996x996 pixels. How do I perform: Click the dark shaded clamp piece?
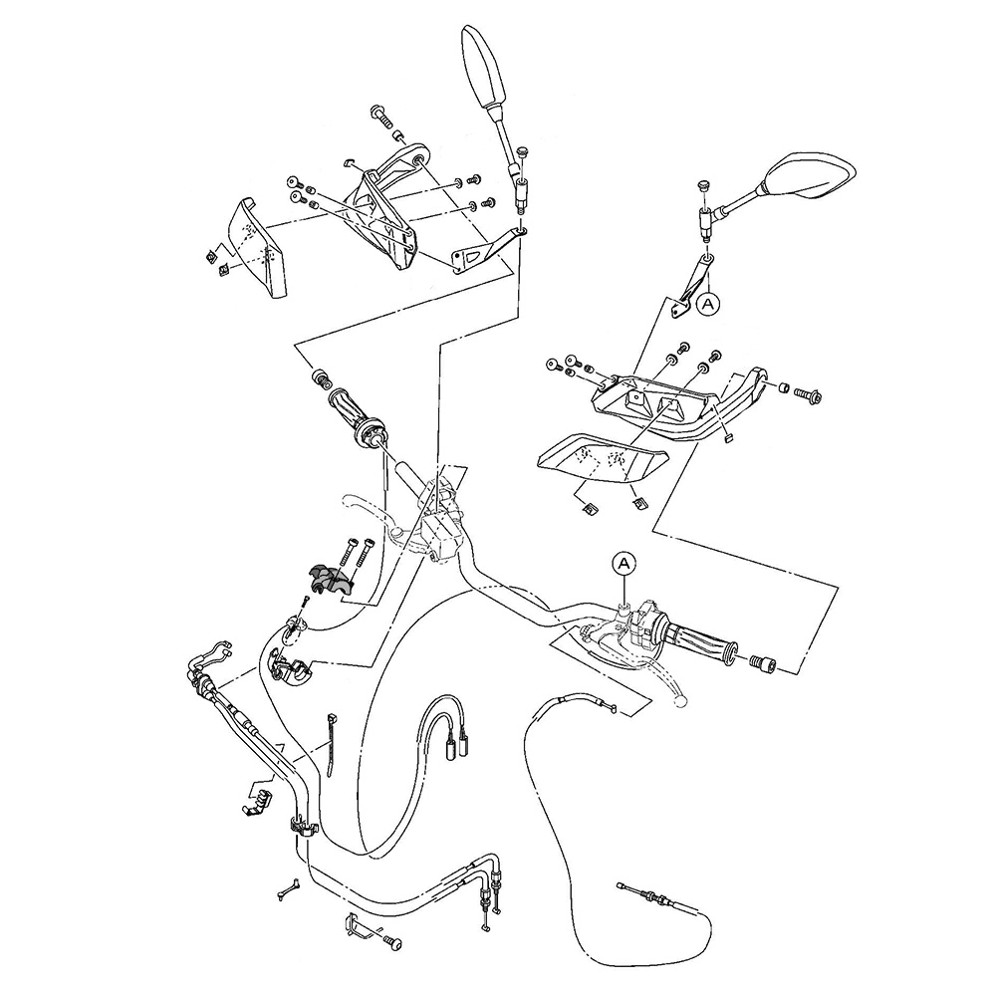(329, 580)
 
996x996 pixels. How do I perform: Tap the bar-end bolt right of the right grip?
(762, 661)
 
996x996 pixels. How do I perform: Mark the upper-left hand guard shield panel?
(254, 246)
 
